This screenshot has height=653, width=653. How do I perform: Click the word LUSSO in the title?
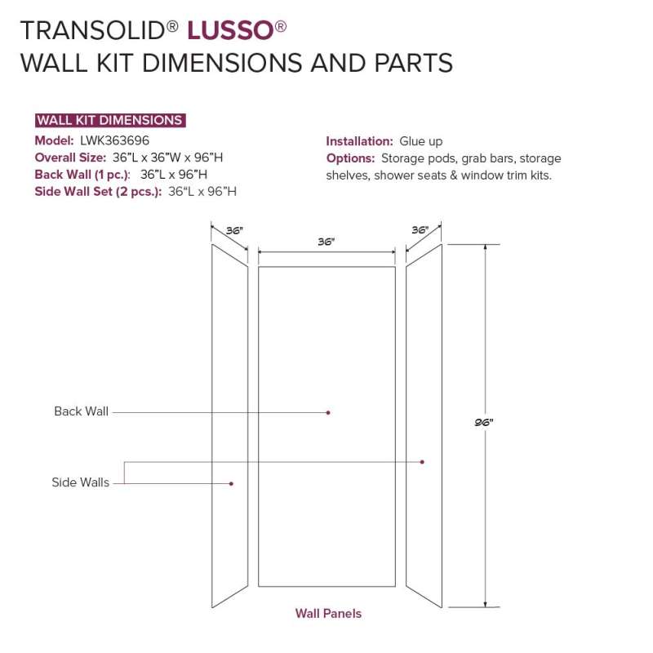coord(230,31)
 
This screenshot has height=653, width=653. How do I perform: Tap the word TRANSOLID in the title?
coord(93,31)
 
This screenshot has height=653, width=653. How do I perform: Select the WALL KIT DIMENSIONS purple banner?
coord(110,120)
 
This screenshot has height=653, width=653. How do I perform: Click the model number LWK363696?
coord(114,140)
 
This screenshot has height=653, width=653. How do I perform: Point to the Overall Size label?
coord(70,158)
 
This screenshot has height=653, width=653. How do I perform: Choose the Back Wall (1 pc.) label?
coord(82,175)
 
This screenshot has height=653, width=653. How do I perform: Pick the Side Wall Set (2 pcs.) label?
coord(98,192)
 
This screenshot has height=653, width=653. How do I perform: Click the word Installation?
coord(359,141)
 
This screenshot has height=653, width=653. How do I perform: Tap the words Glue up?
coord(421,141)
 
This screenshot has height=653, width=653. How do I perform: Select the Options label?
coord(351,158)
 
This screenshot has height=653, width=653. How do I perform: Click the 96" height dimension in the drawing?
coord(484,422)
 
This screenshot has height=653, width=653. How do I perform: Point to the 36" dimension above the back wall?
coord(326,242)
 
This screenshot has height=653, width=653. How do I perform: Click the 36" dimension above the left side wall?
coord(234,230)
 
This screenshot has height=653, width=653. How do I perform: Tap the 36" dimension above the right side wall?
coord(420,230)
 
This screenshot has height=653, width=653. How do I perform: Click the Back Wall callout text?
coord(81,411)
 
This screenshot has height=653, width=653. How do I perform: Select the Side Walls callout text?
coord(80,482)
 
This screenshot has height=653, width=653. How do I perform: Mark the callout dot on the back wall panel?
coord(328,413)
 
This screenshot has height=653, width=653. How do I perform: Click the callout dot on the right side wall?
coord(422,462)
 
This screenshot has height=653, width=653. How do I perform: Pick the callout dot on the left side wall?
coord(231,483)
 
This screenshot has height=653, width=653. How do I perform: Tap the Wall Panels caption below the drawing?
coord(328,614)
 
